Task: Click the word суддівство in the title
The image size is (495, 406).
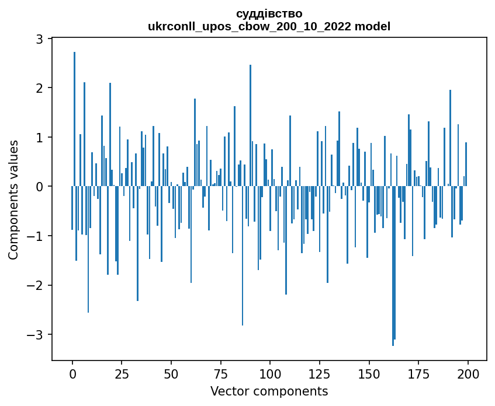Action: point(269,13)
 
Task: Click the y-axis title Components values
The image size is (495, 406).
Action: point(13,199)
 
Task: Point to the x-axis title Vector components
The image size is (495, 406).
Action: point(269,391)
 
